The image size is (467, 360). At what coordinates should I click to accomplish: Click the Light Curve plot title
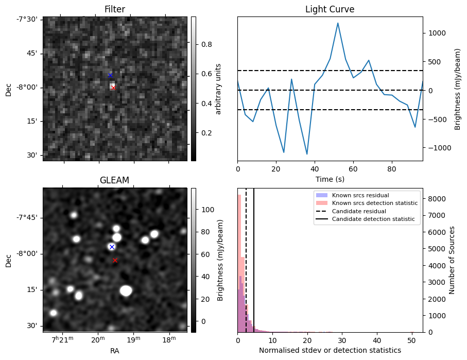[330, 9]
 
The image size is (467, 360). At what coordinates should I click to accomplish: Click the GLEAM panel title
[114, 180]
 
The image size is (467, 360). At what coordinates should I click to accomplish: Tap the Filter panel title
[114, 9]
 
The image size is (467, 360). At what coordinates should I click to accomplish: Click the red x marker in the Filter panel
[113, 88]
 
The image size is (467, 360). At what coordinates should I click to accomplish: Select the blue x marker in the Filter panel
[110, 76]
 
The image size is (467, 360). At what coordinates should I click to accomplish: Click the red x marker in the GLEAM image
[115, 261]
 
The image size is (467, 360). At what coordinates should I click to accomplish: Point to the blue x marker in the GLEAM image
[112, 247]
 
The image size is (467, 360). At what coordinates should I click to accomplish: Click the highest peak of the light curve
[338, 23]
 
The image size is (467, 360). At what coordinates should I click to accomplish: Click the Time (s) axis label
[330, 179]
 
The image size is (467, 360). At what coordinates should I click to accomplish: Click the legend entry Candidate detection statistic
[373, 219]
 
